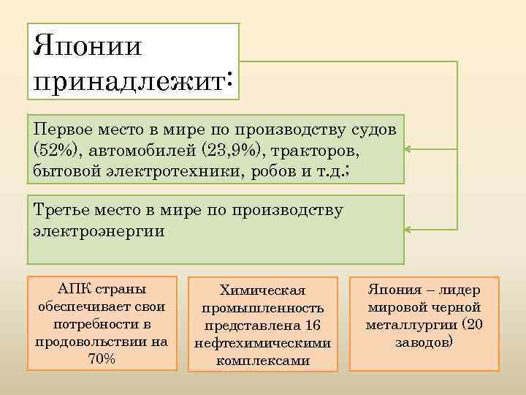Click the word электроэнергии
(99, 231)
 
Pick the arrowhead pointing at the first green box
(408, 148)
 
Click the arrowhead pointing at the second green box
(408, 230)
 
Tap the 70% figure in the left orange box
(102, 358)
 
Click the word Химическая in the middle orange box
(262, 290)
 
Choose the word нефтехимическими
(262, 343)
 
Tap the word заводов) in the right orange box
(424, 342)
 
